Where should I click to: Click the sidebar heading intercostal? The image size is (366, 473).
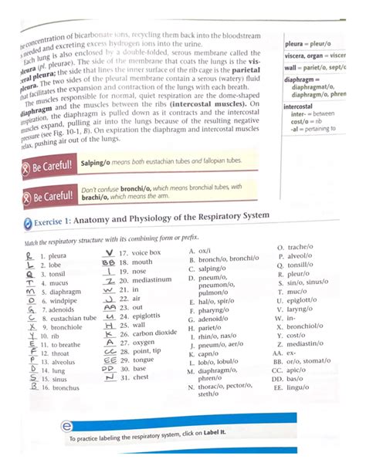[x=297, y=106]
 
